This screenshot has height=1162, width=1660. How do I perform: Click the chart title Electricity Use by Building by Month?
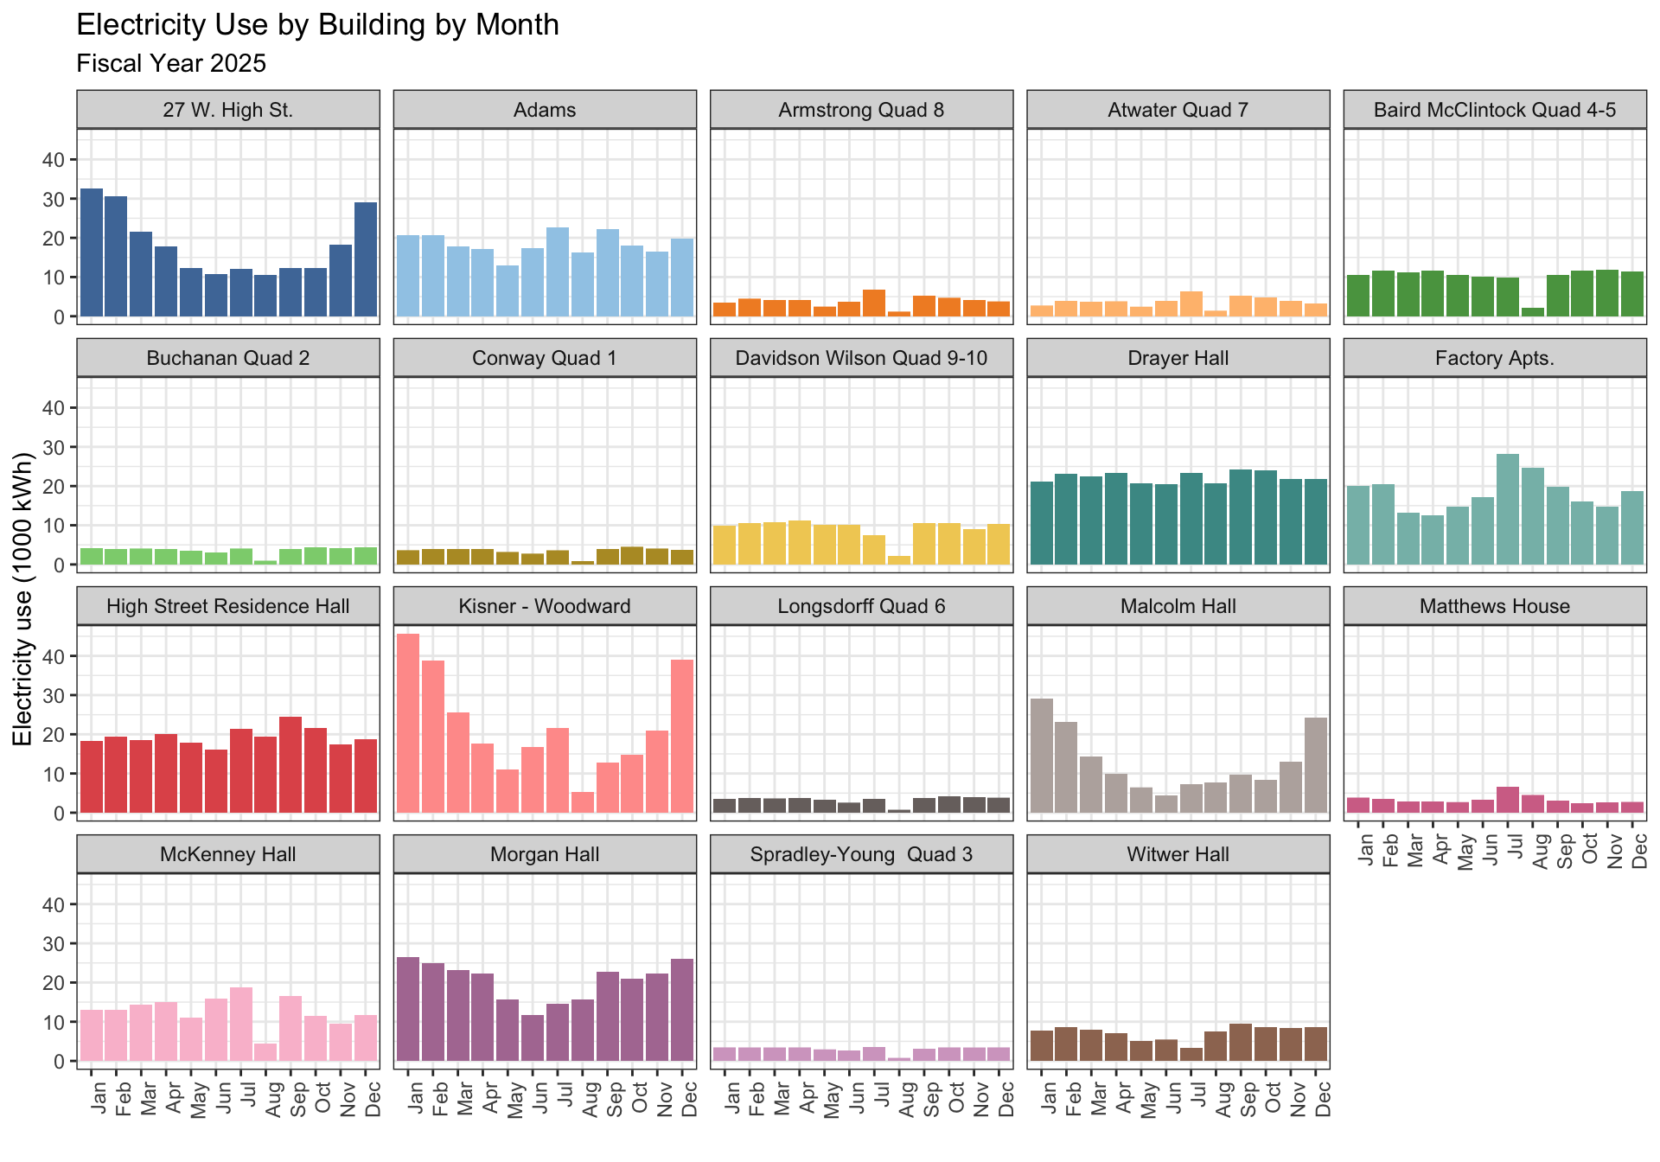317,25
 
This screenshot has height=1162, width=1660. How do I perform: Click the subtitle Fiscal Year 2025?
171,64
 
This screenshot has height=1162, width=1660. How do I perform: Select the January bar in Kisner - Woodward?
408,724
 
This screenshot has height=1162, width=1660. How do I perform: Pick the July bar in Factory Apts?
1508,509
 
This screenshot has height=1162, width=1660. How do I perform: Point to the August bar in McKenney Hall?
265,1052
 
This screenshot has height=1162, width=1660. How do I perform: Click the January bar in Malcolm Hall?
1042,756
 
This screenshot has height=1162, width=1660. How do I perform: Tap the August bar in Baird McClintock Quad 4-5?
1533,312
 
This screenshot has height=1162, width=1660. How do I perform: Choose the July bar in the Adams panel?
558,272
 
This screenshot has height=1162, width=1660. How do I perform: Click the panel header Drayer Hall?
1178,358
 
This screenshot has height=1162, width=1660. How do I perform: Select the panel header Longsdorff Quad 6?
861,606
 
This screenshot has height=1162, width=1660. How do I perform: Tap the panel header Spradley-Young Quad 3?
861,854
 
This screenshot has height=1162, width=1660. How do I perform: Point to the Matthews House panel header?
1494,606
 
